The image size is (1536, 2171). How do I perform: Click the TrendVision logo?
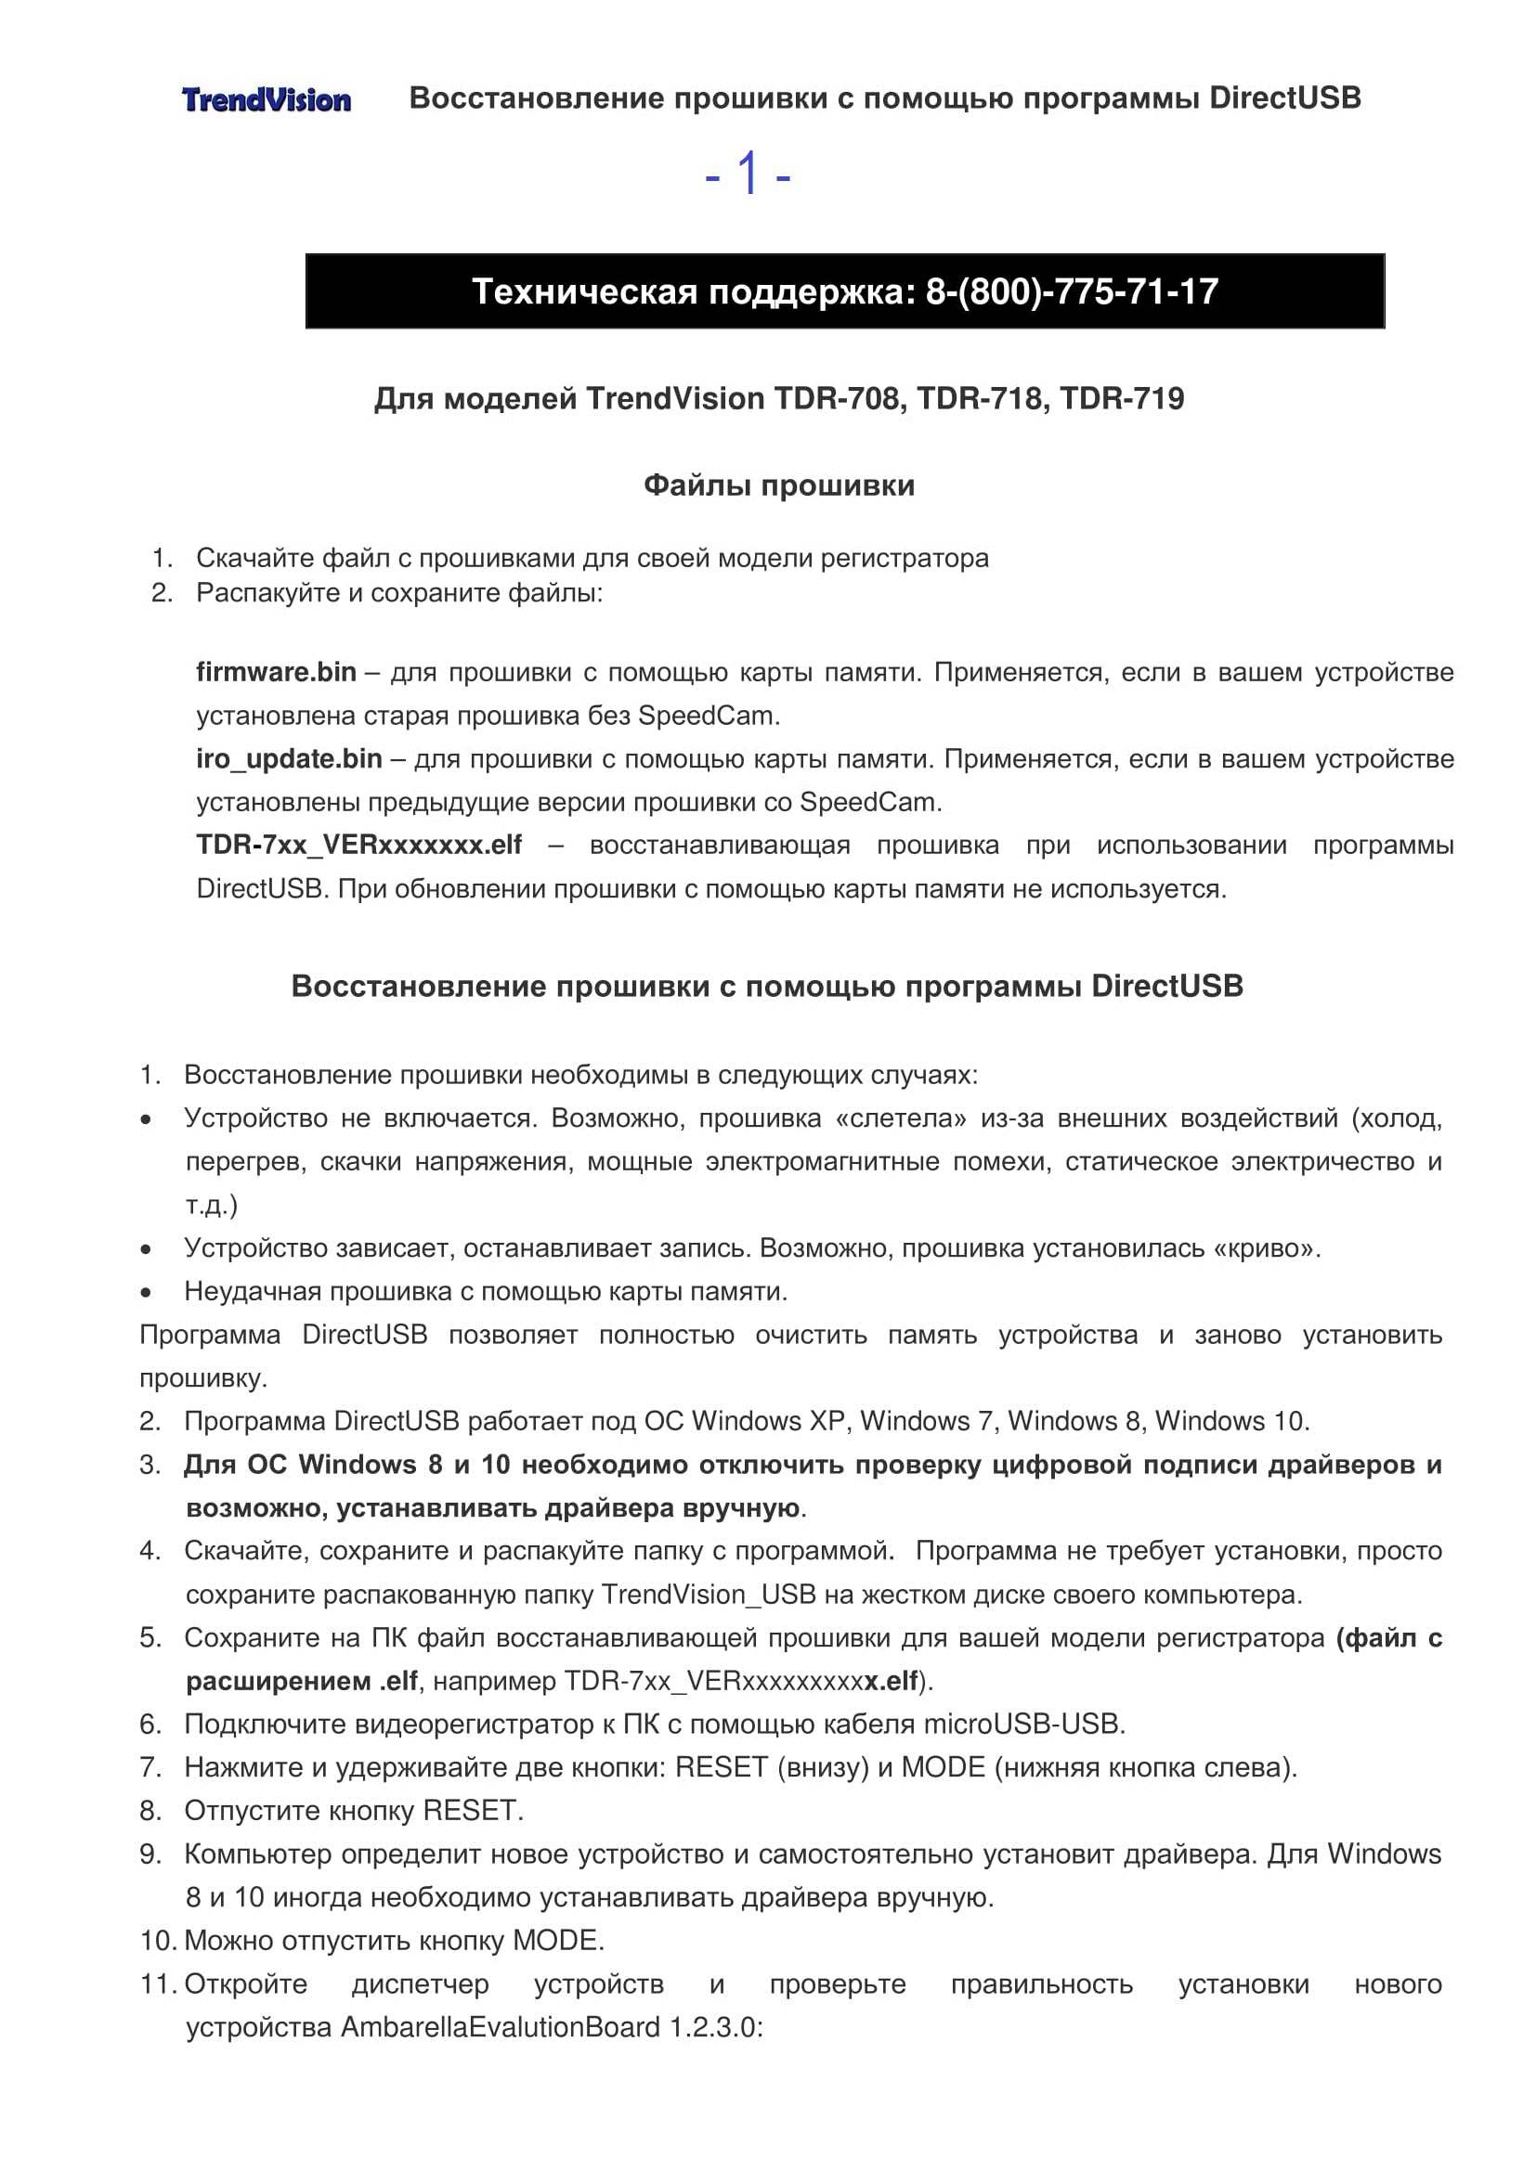[266, 99]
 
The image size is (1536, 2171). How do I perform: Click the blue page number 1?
[748, 174]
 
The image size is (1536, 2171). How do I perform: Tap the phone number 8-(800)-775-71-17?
[1072, 291]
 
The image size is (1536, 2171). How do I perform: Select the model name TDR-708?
[836, 399]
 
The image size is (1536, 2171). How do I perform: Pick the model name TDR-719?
[1121, 399]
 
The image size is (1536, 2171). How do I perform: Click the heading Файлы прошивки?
[778, 486]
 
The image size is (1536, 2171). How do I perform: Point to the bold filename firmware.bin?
[276, 672]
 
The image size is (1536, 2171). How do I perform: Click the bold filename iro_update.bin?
[289, 759]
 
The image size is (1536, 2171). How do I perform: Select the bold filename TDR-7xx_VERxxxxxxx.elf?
[358, 846]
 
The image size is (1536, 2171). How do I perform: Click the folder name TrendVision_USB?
[709, 1596]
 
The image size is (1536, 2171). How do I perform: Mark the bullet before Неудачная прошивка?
[146, 1292]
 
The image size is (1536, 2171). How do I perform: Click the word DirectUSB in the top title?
[1284, 98]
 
